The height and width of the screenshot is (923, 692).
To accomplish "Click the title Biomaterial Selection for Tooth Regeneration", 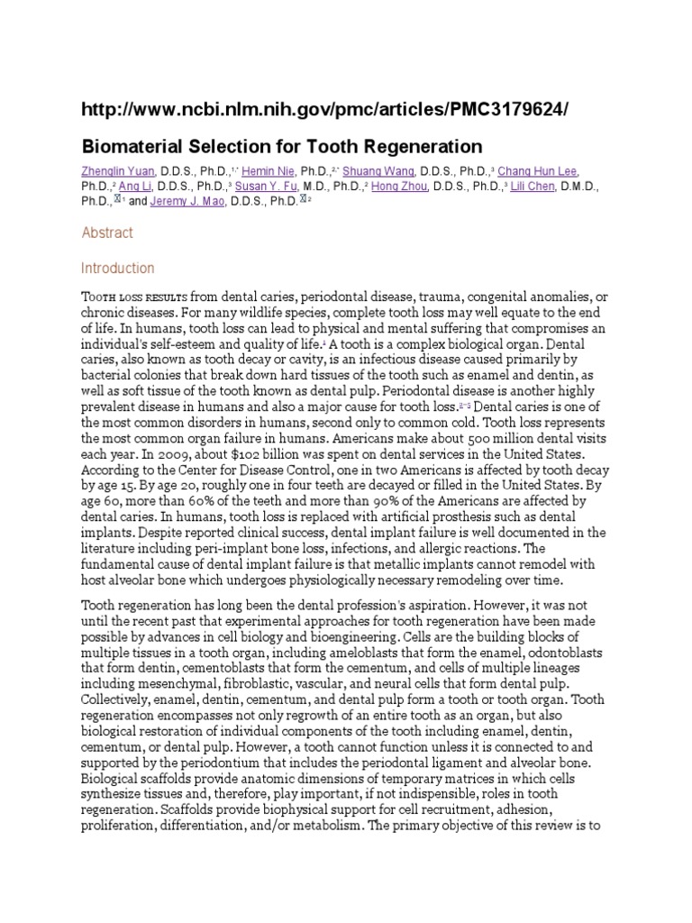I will pos(282,146).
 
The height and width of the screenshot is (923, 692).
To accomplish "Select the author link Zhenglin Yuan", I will pos(121,171).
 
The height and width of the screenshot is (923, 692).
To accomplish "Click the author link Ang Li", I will pos(137,187).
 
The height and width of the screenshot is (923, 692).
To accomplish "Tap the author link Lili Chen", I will pos(534,187).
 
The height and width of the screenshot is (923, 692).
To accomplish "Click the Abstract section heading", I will pos(107,233).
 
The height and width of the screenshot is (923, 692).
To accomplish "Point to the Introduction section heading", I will pos(118,268).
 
